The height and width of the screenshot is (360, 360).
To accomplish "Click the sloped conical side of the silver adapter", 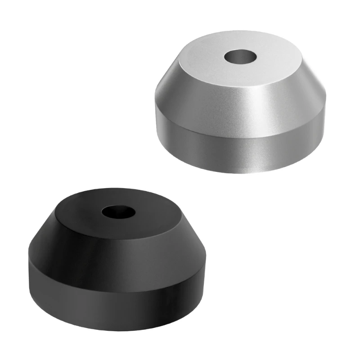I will pos(238,106).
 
